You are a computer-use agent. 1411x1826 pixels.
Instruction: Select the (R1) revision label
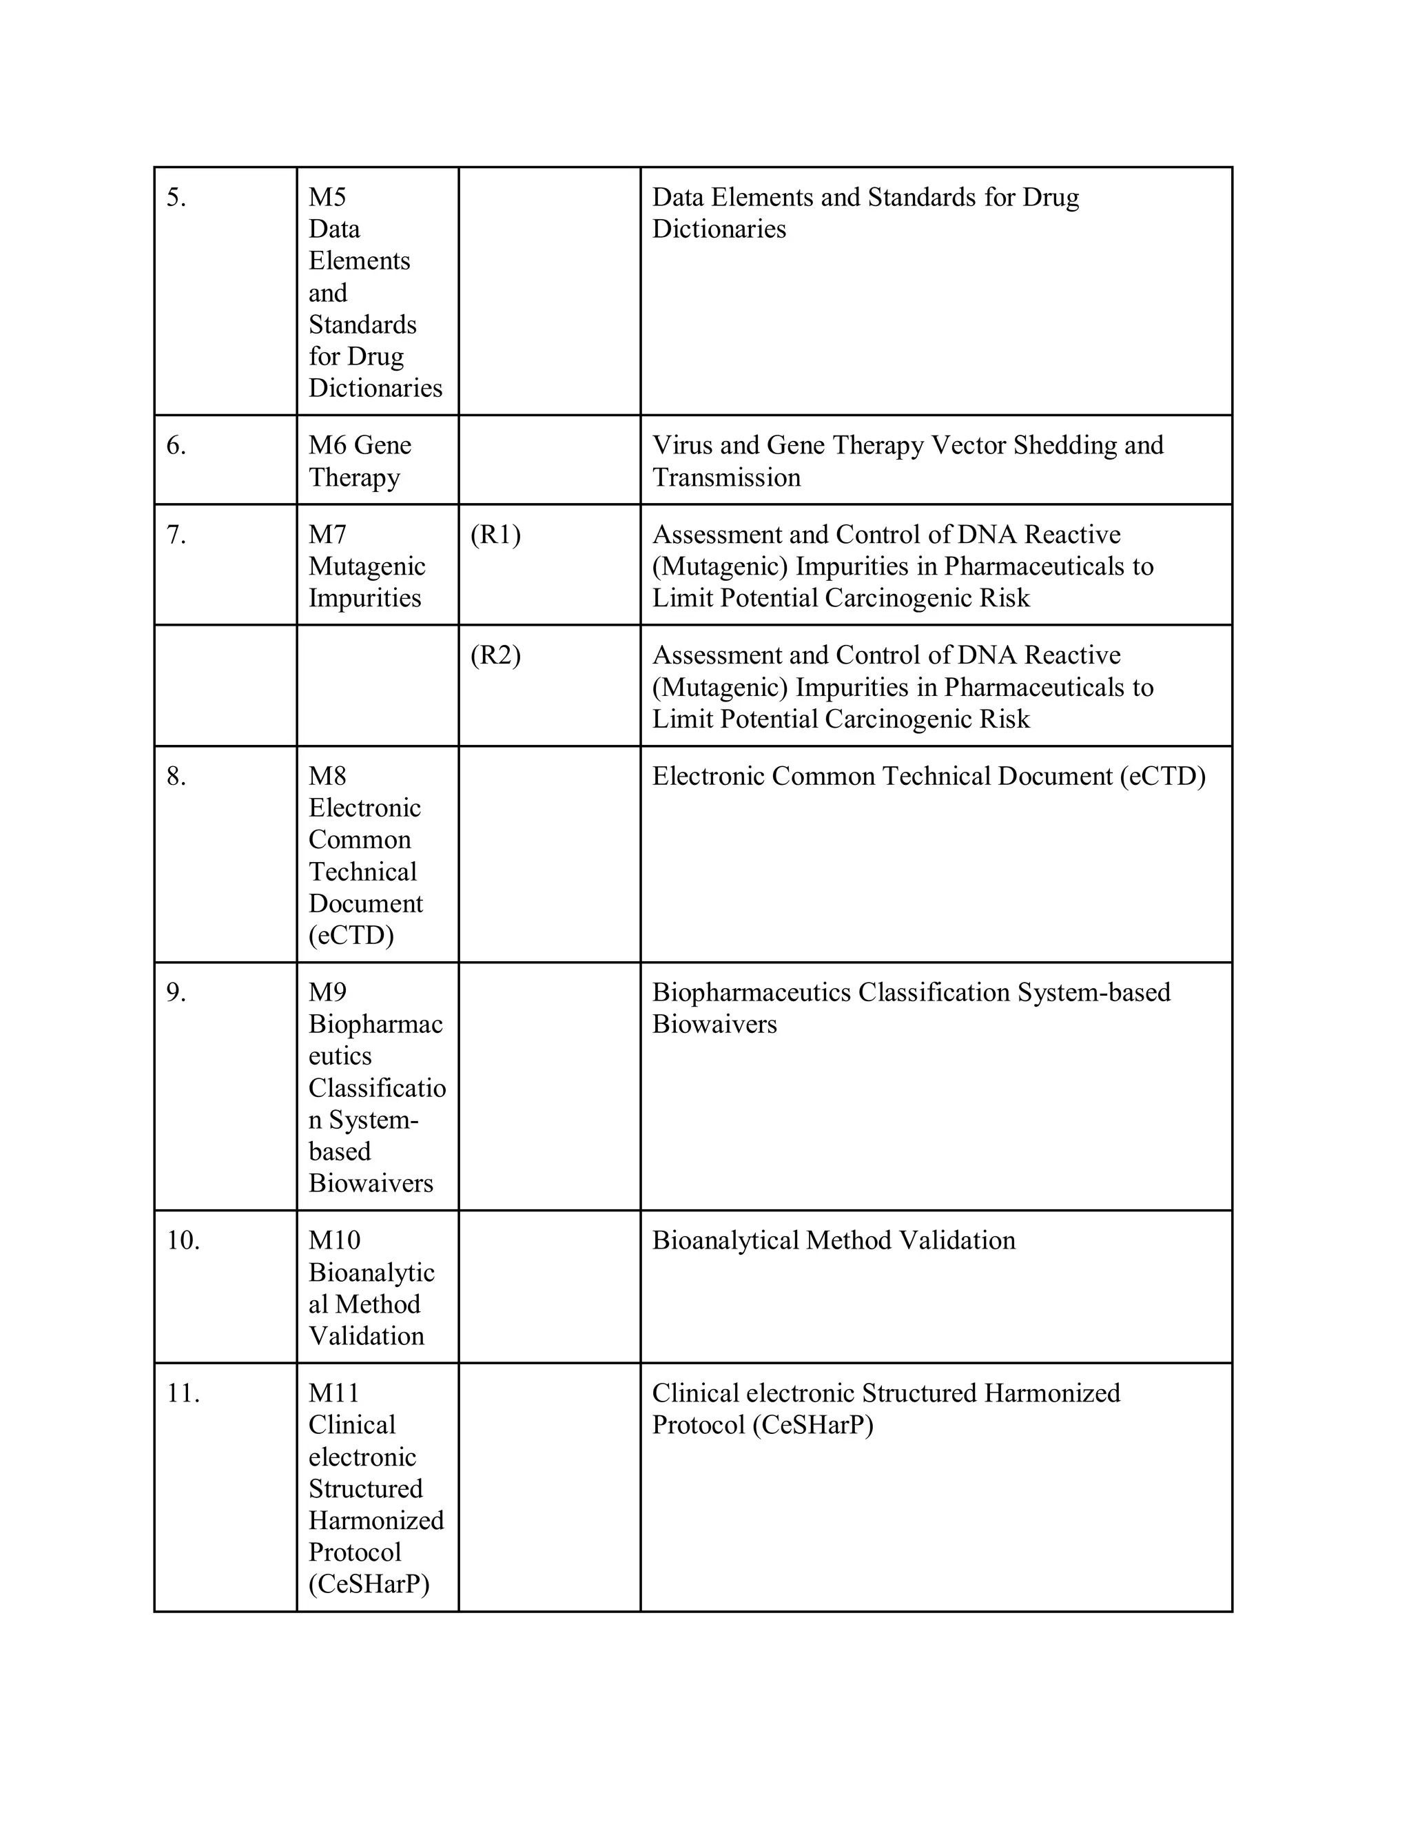click(x=495, y=535)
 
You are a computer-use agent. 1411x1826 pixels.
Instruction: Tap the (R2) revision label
click(x=495, y=655)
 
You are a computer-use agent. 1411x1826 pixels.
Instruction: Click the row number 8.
click(x=176, y=777)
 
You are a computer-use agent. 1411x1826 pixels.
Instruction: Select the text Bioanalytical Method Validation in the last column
click(x=834, y=1240)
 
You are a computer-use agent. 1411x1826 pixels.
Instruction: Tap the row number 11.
click(x=182, y=1393)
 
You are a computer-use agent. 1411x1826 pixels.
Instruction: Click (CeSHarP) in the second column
click(x=369, y=1584)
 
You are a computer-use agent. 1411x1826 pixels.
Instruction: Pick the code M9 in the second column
click(x=327, y=992)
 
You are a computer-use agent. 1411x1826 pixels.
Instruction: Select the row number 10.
click(x=182, y=1240)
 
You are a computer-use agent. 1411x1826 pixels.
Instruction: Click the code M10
click(x=333, y=1240)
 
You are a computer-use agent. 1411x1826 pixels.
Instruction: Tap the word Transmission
click(x=725, y=478)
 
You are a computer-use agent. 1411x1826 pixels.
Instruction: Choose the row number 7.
click(x=176, y=535)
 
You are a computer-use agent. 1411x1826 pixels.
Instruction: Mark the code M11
click(x=333, y=1393)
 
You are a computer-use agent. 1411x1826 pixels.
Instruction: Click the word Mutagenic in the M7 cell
click(x=366, y=567)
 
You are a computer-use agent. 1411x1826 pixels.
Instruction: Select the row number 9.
click(x=176, y=992)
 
